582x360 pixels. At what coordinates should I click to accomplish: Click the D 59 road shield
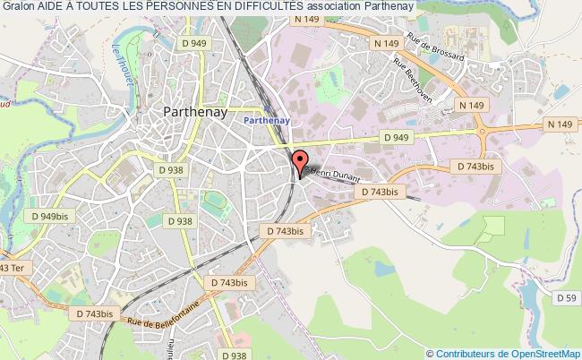(565, 297)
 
